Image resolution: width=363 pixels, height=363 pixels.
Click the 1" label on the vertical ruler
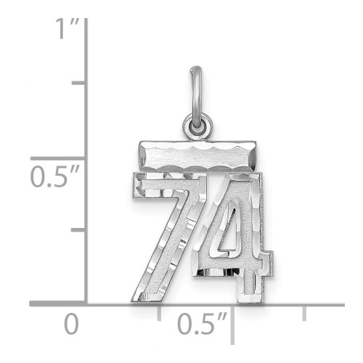point(68,28)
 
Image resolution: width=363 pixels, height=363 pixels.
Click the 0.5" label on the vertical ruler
point(55,176)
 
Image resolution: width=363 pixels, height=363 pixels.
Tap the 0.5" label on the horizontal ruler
point(203,324)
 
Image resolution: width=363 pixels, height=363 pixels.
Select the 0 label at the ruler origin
point(71,324)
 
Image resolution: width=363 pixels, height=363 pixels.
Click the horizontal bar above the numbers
point(197,156)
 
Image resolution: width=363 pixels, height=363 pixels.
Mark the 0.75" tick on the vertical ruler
point(78,83)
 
